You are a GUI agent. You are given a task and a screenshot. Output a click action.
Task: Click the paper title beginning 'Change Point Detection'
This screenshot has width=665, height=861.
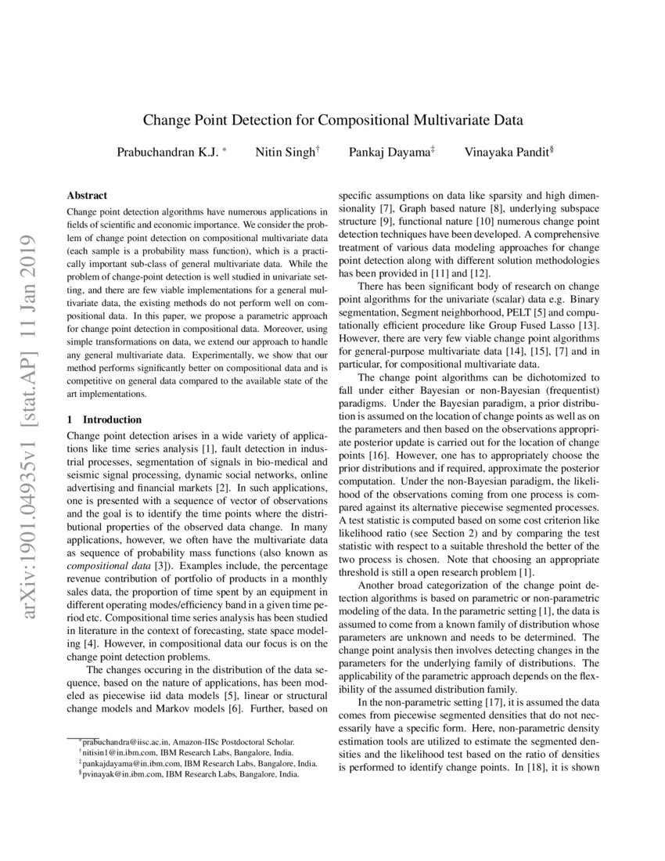332,121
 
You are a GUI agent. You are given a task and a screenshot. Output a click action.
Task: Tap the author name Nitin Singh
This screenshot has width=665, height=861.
285,152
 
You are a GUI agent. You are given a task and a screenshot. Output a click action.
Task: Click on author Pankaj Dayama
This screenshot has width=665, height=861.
388,152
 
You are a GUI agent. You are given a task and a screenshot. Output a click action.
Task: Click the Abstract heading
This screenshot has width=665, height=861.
87,196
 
